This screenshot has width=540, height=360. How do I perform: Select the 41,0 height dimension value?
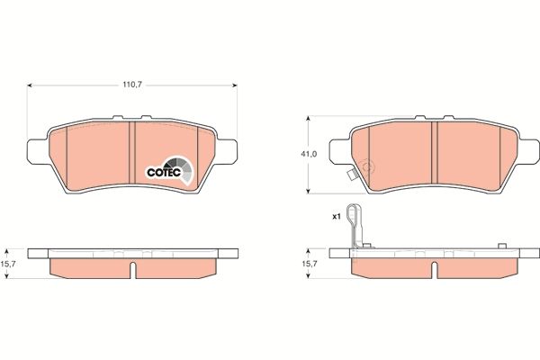pos(308,154)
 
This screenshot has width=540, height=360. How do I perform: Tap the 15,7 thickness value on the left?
pos(11,264)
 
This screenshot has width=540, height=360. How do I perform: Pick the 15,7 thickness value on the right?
pos(308,264)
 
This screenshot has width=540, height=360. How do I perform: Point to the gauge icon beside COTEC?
pos(184,168)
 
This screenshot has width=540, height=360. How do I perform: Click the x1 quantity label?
pos(337,217)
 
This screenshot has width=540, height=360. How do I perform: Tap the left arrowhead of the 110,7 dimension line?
pos(32,85)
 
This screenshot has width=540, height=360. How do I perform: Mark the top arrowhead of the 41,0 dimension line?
pos(309,118)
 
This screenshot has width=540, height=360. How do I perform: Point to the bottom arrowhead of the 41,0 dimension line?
pos(309,191)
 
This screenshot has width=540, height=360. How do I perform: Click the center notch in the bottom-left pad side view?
pos(133,267)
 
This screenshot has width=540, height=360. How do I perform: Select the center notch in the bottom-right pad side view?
pos(434,267)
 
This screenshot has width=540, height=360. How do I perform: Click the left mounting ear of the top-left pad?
pos(36,148)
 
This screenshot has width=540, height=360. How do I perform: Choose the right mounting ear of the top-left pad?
pos(230,148)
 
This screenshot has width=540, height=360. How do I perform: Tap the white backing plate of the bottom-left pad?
pos(133,253)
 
